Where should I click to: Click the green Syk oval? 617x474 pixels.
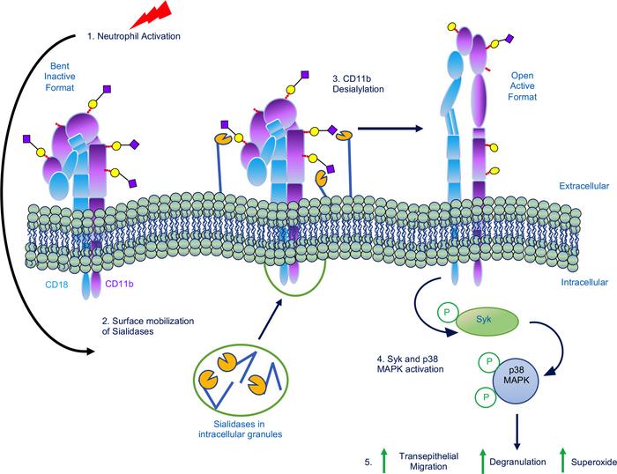click(480, 322)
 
